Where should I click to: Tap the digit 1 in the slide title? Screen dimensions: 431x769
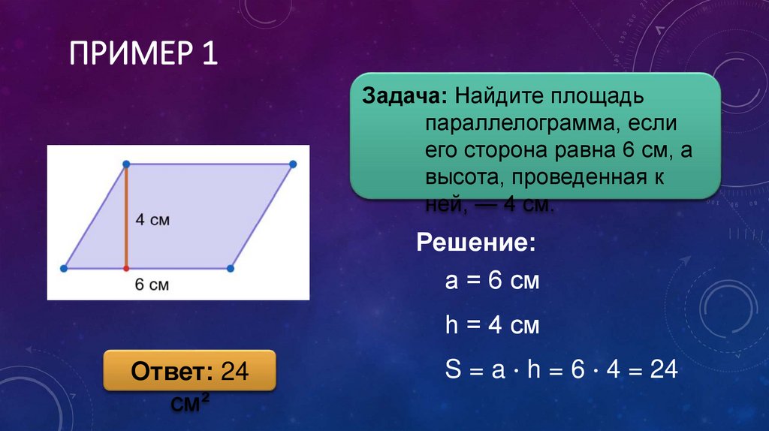[x=209, y=56]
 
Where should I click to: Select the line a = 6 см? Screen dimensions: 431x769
[x=492, y=282]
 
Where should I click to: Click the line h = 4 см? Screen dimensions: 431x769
[x=492, y=326]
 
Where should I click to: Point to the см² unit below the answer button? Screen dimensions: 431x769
[x=189, y=404]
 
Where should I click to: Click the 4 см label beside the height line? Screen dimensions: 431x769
[x=152, y=220]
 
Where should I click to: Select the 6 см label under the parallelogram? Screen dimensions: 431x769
[x=152, y=285]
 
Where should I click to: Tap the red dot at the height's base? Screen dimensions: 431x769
[x=126, y=267]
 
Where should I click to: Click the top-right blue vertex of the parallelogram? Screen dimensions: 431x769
[x=292, y=164]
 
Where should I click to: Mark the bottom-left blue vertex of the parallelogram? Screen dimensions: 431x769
[x=65, y=267]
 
